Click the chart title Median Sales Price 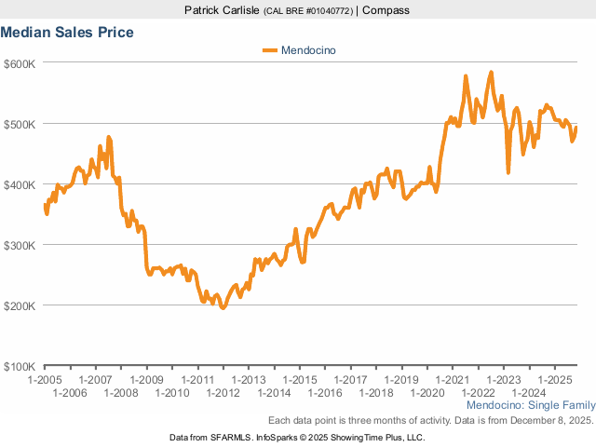(x=67, y=33)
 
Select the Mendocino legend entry (x=307, y=50)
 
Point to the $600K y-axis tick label (x=19, y=63)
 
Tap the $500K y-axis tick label (x=19, y=124)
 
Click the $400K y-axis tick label (x=19, y=184)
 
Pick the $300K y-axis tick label (x=19, y=245)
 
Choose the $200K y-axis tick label (x=19, y=305)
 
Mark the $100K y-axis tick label (x=19, y=366)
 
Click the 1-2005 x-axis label (x=45, y=380)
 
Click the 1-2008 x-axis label (x=121, y=394)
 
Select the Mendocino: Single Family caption (x=529, y=407)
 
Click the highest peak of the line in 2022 (x=491, y=72)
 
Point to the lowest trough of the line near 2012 (x=223, y=307)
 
